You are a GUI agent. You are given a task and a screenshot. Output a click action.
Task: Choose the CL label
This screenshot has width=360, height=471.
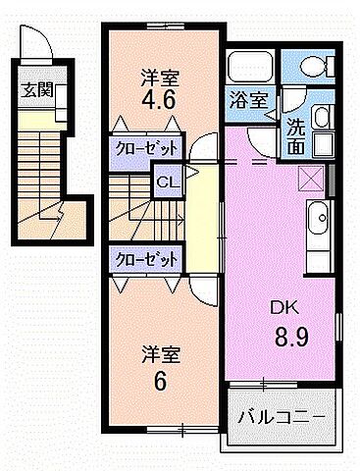coord(167,183)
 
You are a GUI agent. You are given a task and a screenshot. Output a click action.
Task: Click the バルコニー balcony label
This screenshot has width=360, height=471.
coord(282,416)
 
